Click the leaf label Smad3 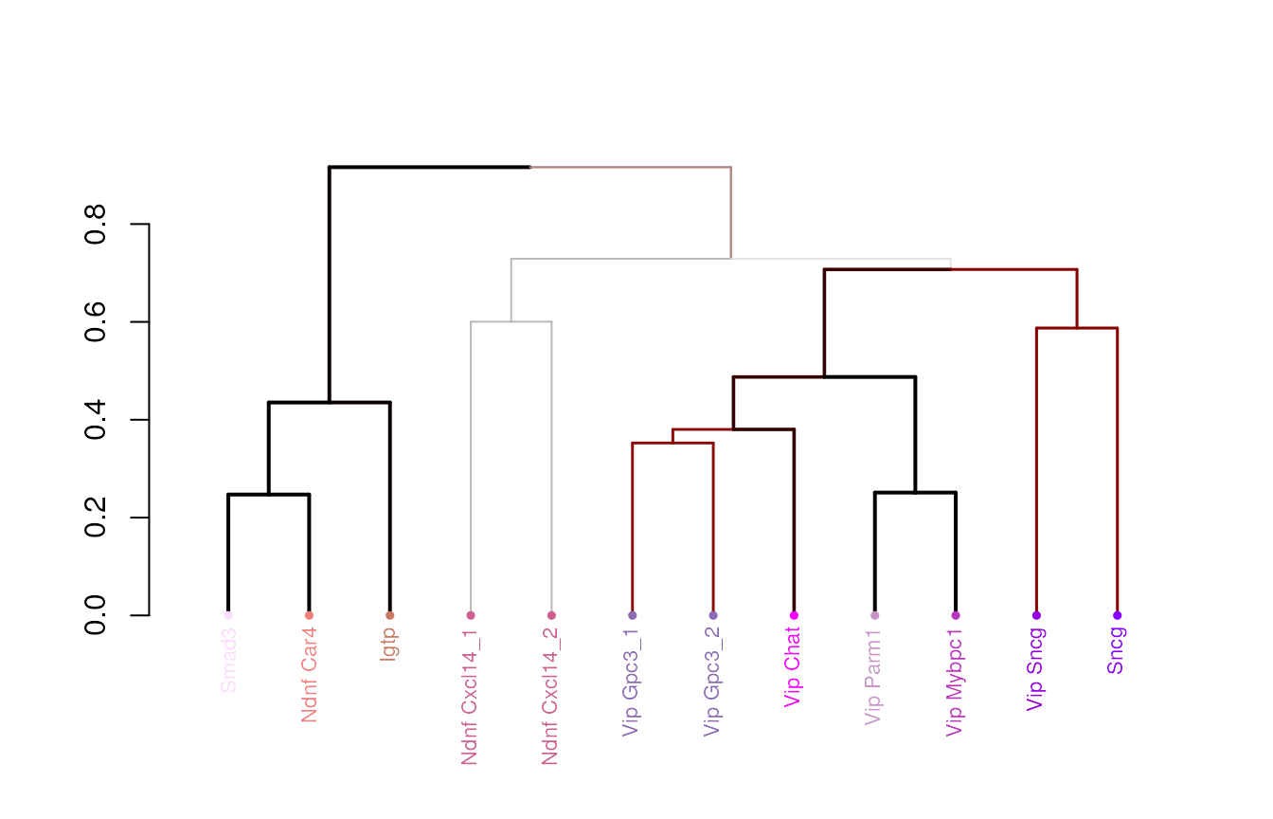coord(228,660)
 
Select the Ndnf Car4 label coord(309,675)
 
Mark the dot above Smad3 coord(228,615)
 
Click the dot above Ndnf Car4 coord(309,615)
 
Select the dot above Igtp coord(390,615)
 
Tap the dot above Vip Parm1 coord(874,615)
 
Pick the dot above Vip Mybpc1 coord(956,615)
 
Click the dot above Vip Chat coord(794,615)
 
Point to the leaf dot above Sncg coord(1118,615)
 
